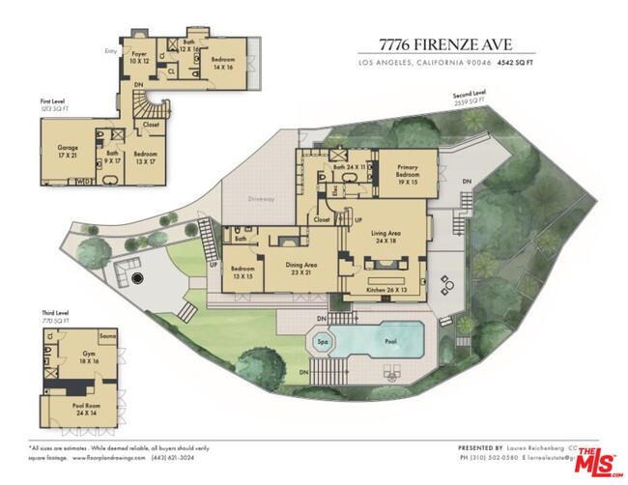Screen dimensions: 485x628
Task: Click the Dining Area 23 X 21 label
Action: pyautogui.click(x=300, y=268)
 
